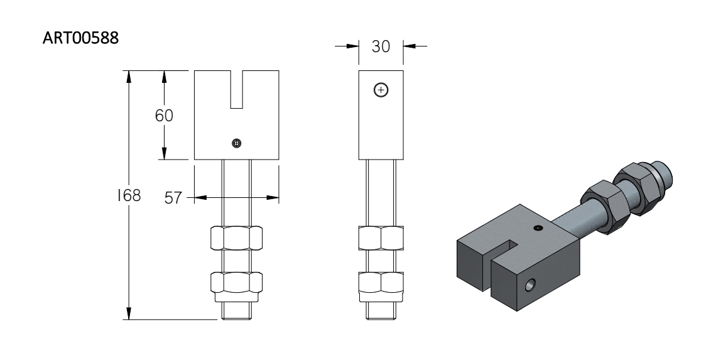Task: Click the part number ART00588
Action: click(x=81, y=38)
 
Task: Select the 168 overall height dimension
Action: click(x=129, y=195)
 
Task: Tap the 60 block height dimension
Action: click(x=164, y=116)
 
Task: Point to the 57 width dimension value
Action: click(x=173, y=198)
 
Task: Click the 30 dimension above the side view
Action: click(x=381, y=46)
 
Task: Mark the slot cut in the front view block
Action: click(x=236, y=89)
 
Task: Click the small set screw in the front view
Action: click(x=236, y=143)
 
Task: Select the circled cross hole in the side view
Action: click(x=381, y=90)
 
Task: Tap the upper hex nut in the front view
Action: click(x=236, y=237)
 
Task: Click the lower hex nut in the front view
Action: click(x=236, y=283)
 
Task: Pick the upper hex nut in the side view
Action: click(x=381, y=237)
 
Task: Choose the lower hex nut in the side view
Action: click(x=381, y=283)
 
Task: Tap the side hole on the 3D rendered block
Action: click(x=529, y=285)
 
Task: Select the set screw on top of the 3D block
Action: click(x=538, y=227)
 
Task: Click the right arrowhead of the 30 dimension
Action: click(x=409, y=46)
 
